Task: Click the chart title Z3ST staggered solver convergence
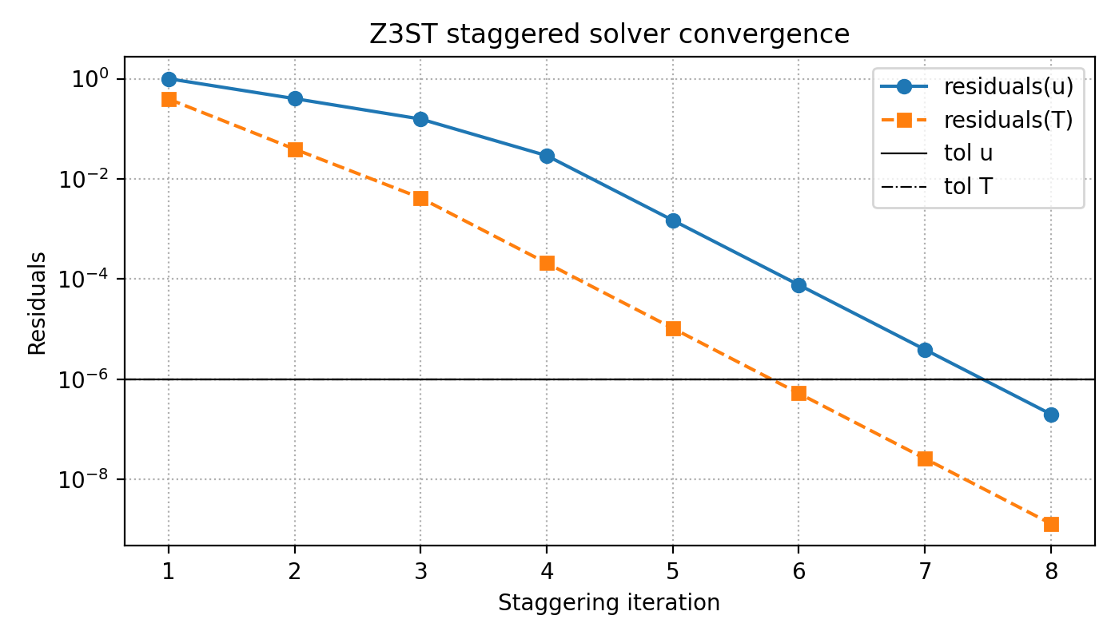pos(609,35)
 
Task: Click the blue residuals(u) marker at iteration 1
pos(169,79)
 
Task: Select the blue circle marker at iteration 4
pos(547,156)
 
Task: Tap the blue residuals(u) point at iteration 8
pos(1051,415)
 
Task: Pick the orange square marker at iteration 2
pos(295,149)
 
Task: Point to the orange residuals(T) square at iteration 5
pos(673,328)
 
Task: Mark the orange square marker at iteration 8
pos(1051,524)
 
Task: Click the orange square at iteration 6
pos(798,393)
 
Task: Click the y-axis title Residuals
pos(36,303)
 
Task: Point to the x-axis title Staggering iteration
pos(609,603)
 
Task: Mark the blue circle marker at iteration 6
pos(798,285)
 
